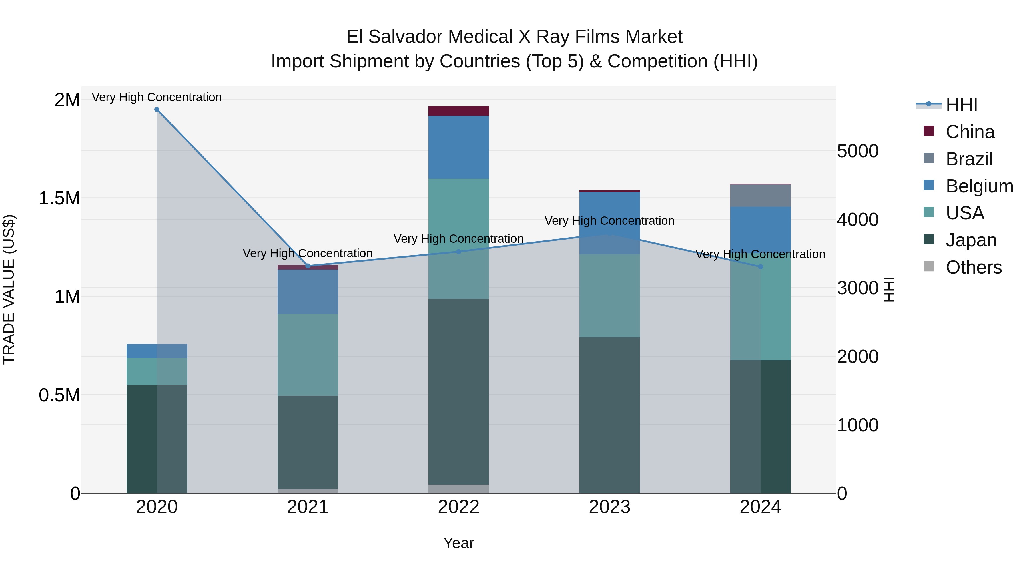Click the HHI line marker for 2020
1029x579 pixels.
[x=157, y=110]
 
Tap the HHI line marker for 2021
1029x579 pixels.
[x=308, y=266]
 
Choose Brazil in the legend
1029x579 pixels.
[x=969, y=159]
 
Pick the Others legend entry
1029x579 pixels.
[x=973, y=267]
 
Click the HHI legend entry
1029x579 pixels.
[x=961, y=105]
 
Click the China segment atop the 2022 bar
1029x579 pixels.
[x=458, y=111]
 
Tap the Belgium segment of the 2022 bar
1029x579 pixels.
[x=458, y=147]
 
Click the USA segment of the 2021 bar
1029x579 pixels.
[x=308, y=355]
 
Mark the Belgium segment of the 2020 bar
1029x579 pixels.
[x=157, y=351]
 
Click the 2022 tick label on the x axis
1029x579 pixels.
[x=458, y=507]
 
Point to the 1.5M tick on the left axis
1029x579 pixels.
[x=59, y=198]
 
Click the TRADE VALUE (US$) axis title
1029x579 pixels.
[x=9, y=289]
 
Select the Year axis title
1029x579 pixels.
[x=458, y=543]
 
